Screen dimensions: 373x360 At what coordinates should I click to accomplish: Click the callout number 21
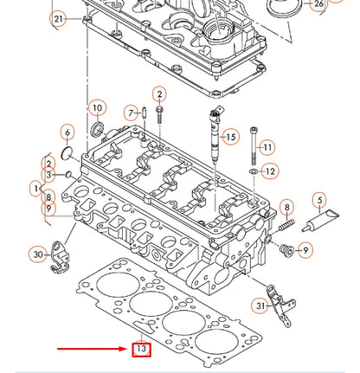58,18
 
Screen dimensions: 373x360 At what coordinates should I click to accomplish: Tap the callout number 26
318,4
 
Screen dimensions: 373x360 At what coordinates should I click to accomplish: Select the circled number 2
159,93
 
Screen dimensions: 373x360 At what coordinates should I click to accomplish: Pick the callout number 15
229,137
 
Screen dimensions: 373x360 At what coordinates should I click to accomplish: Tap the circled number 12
270,171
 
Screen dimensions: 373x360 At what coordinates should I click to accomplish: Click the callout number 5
319,204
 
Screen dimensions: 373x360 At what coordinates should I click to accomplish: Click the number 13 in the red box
140,350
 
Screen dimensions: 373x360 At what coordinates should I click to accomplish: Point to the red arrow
90,350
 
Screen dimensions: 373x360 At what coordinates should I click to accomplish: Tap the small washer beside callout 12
252,172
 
